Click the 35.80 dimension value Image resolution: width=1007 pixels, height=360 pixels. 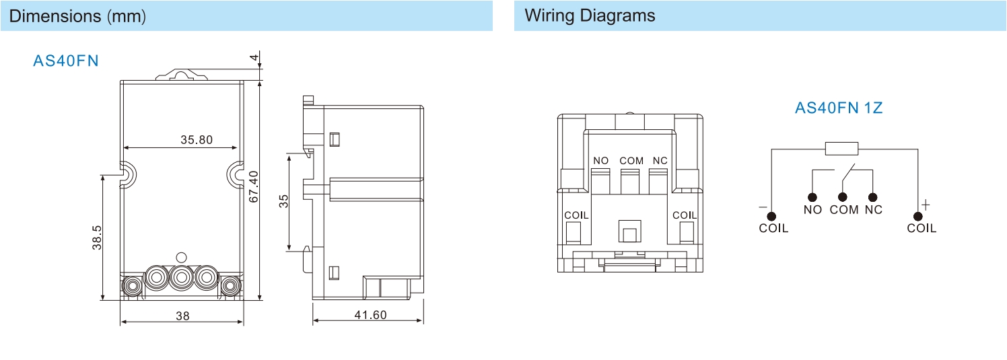coord(197,140)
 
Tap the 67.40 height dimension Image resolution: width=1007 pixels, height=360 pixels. coord(254,186)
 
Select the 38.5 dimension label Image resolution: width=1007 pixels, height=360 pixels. coord(97,238)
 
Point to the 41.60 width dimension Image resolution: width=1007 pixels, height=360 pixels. coord(370,315)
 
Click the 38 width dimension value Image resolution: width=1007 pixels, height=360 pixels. coord(182,316)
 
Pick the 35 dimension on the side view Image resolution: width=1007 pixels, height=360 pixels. coord(283,201)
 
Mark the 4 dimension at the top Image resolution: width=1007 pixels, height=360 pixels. coord(254,57)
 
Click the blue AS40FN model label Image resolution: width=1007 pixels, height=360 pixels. coord(66,61)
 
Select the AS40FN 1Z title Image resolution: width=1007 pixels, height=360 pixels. coord(839,108)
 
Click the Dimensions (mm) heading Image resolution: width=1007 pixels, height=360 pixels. coord(77,16)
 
